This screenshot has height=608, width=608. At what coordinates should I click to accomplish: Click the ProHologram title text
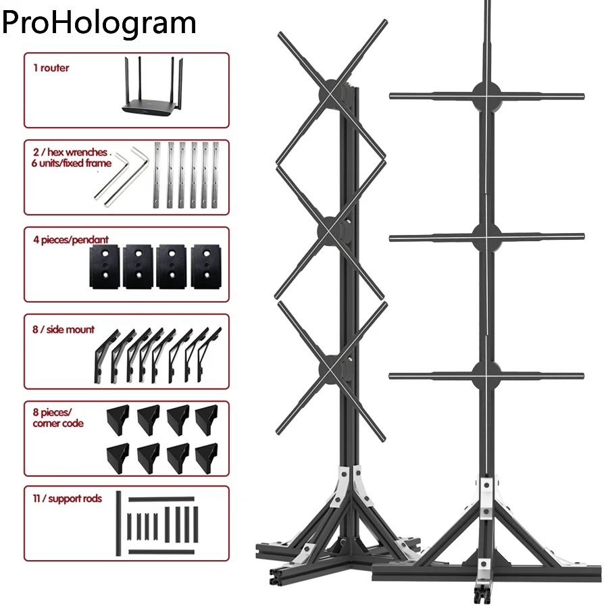[99, 23]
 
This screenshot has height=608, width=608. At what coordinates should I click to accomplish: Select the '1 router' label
[51, 68]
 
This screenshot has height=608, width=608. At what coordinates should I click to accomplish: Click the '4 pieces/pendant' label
[71, 240]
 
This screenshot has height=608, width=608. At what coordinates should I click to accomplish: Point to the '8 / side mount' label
[64, 330]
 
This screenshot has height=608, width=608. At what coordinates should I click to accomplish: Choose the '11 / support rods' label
[68, 499]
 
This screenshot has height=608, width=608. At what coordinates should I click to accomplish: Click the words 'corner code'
[58, 423]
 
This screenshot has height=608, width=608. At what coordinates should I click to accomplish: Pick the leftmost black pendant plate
[105, 266]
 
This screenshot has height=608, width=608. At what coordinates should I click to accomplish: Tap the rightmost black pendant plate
[206, 266]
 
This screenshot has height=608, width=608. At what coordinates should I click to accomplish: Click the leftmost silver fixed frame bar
[157, 174]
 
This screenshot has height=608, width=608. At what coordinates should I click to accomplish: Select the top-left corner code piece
[118, 416]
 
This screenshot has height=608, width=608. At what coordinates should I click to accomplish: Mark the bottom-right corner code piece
[207, 459]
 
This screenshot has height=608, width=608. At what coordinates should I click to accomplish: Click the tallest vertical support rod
[118, 524]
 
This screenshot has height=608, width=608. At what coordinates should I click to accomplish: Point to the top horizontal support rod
[161, 499]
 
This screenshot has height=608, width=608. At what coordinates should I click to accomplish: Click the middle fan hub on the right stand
[487, 237]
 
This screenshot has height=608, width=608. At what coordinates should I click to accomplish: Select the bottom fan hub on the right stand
[487, 376]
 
